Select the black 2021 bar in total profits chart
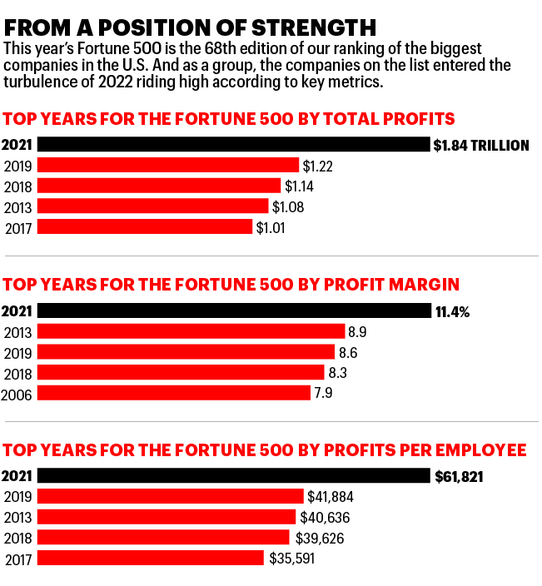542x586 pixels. click(234, 145)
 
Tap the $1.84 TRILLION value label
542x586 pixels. click(481, 146)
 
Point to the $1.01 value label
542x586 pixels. click(271, 227)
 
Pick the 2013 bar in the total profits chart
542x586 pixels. click(153, 206)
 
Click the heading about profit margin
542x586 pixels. click(231, 284)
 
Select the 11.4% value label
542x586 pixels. click(452, 312)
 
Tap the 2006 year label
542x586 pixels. click(17, 394)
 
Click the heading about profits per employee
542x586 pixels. click(265, 450)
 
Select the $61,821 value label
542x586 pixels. click(459, 478)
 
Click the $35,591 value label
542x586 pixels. click(291, 559)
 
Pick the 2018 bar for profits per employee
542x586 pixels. click(163, 538)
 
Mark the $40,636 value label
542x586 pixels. click(326, 518)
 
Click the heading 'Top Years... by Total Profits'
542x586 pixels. click(229, 118)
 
